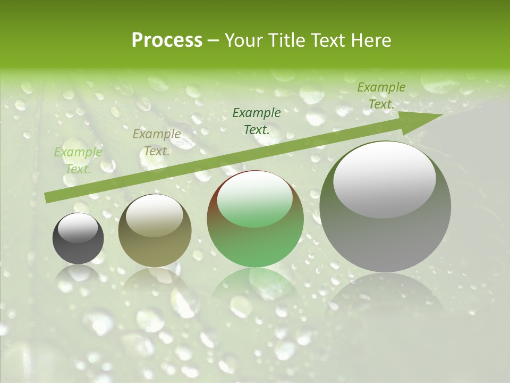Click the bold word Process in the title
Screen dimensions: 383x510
click(x=167, y=40)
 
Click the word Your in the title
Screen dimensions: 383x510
click(x=242, y=40)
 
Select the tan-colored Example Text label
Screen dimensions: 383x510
click(x=156, y=143)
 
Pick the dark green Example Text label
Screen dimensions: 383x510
click(x=257, y=121)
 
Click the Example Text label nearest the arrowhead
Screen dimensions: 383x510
click(x=381, y=96)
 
